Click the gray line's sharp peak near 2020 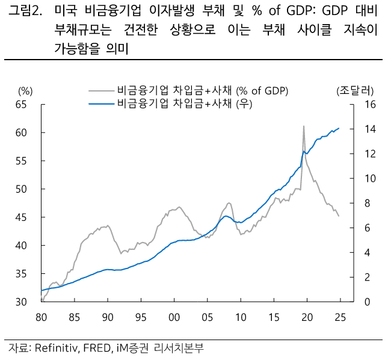(x=303, y=126)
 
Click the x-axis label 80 (x=42, y=317)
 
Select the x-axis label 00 (x=174, y=317)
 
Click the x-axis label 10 (x=240, y=317)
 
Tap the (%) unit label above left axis (x=25, y=91)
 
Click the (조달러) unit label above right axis (x=355, y=91)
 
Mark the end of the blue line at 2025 (x=339, y=128)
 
